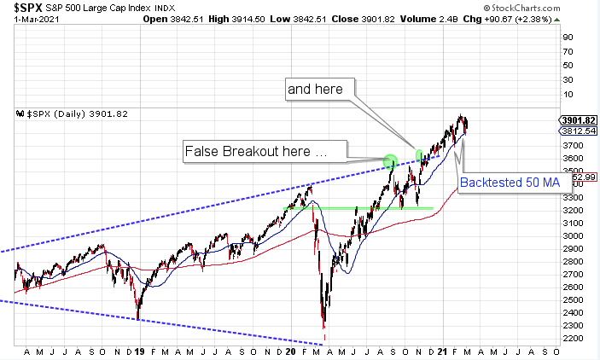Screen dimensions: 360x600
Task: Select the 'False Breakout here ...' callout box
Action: (265, 152)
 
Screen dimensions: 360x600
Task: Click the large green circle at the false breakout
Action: (390, 160)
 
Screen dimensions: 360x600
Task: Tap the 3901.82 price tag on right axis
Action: (578, 119)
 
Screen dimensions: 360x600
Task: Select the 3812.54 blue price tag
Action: (578, 131)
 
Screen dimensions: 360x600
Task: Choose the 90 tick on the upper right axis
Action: (566, 37)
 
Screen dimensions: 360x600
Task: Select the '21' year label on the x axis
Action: (445, 351)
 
